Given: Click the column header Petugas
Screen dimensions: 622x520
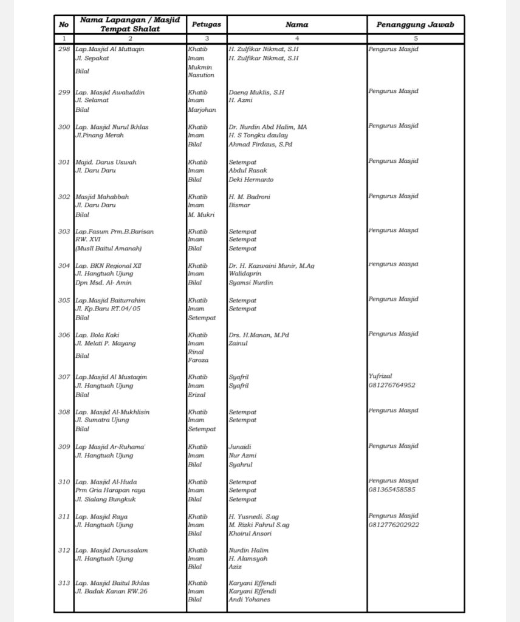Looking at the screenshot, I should tap(206, 25).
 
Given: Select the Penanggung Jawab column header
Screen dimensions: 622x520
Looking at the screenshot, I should tap(415, 25).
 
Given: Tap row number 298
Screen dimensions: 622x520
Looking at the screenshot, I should tap(64, 49).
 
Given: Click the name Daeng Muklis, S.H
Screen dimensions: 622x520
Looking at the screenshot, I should tap(256, 92).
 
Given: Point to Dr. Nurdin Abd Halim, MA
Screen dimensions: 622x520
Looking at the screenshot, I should tap(267, 127).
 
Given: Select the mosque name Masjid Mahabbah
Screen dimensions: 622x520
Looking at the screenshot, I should tap(102, 197).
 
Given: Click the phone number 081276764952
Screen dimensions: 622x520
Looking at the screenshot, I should tap(392, 385).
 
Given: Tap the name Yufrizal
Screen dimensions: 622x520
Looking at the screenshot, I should tap(381, 377).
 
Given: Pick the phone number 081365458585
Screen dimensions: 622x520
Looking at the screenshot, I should tap(392, 490).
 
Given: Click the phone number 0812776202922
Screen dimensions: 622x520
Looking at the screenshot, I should tap(394, 524).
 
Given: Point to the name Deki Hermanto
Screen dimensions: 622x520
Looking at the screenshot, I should tap(251, 180).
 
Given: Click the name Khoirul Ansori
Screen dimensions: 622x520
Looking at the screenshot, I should tap(250, 533).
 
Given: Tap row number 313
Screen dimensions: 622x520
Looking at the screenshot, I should tap(64, 583).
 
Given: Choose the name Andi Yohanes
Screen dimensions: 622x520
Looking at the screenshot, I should tap(249, 600).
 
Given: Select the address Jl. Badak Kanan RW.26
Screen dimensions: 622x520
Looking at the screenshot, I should tap(111, 591).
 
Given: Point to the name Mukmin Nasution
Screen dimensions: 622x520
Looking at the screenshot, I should tap(201, 71).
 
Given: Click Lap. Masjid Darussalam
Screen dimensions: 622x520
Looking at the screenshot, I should tap(112, 550).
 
